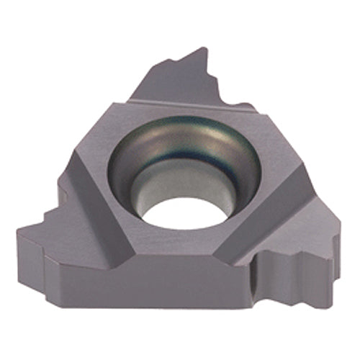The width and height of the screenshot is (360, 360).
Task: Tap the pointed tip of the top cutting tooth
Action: click(x=204, y=50)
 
